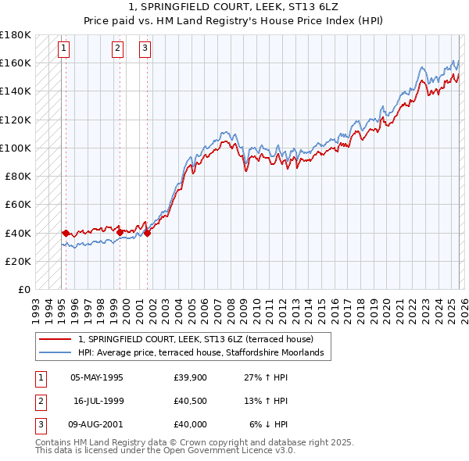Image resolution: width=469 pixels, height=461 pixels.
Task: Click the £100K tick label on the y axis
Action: coord(15,148)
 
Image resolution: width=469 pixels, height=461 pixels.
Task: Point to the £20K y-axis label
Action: coord(18,261)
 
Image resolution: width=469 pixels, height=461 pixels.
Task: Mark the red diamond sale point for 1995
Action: coord(66,233)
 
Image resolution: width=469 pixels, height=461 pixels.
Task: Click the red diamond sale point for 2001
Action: coord(147,233)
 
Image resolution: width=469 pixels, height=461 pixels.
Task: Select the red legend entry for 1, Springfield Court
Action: coord(195,339)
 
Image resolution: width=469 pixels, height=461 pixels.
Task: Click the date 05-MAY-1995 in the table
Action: coord(97,377)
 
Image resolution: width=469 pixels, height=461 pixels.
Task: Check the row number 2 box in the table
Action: coord(40,401)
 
